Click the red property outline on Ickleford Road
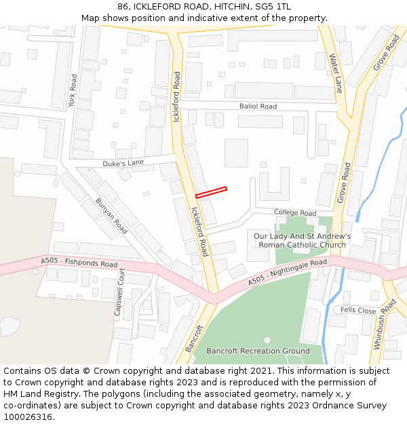[x=211, y=193]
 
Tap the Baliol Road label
[x=258, y=107]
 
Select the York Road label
[x=73, y=90]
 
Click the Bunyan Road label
[x=111, y=216]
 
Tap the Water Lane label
[x=335, y=73]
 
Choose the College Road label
[x=295, y=213]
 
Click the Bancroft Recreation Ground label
[x=258, y=351]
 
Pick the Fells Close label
[x=358, y=310]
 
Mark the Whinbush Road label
[x=384, y=324]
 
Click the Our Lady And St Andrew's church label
[x=302, y=241]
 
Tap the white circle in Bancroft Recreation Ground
[x=267, y=340]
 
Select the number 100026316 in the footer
[x=28, y=417]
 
